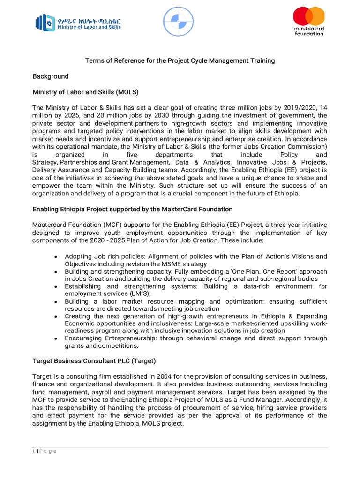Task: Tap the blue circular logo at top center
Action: coord(178,22)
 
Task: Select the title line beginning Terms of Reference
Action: coord(180,61)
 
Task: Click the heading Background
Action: coord(50,76)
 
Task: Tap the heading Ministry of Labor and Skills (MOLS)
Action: coord(85,91)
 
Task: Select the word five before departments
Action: coord(135,155)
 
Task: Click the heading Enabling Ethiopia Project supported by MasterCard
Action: coord(132,209)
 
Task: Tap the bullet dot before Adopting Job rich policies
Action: coord(56,257)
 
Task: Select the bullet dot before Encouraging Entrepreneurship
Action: coord(56,338)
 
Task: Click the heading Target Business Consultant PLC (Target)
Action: coord(94,362)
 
